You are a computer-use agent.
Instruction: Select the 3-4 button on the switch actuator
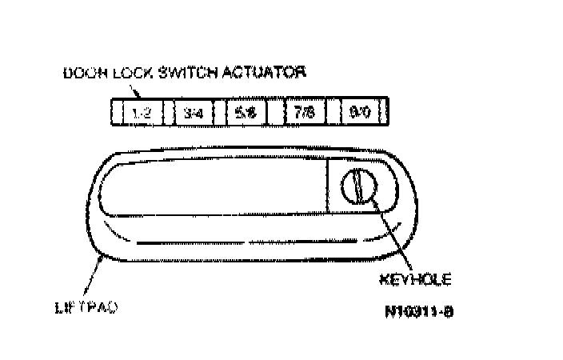click(x=193, y=113)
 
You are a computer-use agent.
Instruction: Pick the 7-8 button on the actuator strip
click(x=303, y=113)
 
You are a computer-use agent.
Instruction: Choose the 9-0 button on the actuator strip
click(x=359, y=113)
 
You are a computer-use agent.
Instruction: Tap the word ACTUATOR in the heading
click(x=265, y=73)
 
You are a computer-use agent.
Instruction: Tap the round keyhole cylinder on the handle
click(x=357, y=186)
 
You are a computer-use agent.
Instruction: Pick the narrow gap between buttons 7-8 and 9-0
click(x=331, y=113)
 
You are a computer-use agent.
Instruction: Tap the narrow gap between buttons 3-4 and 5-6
click(x=219, y=113)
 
